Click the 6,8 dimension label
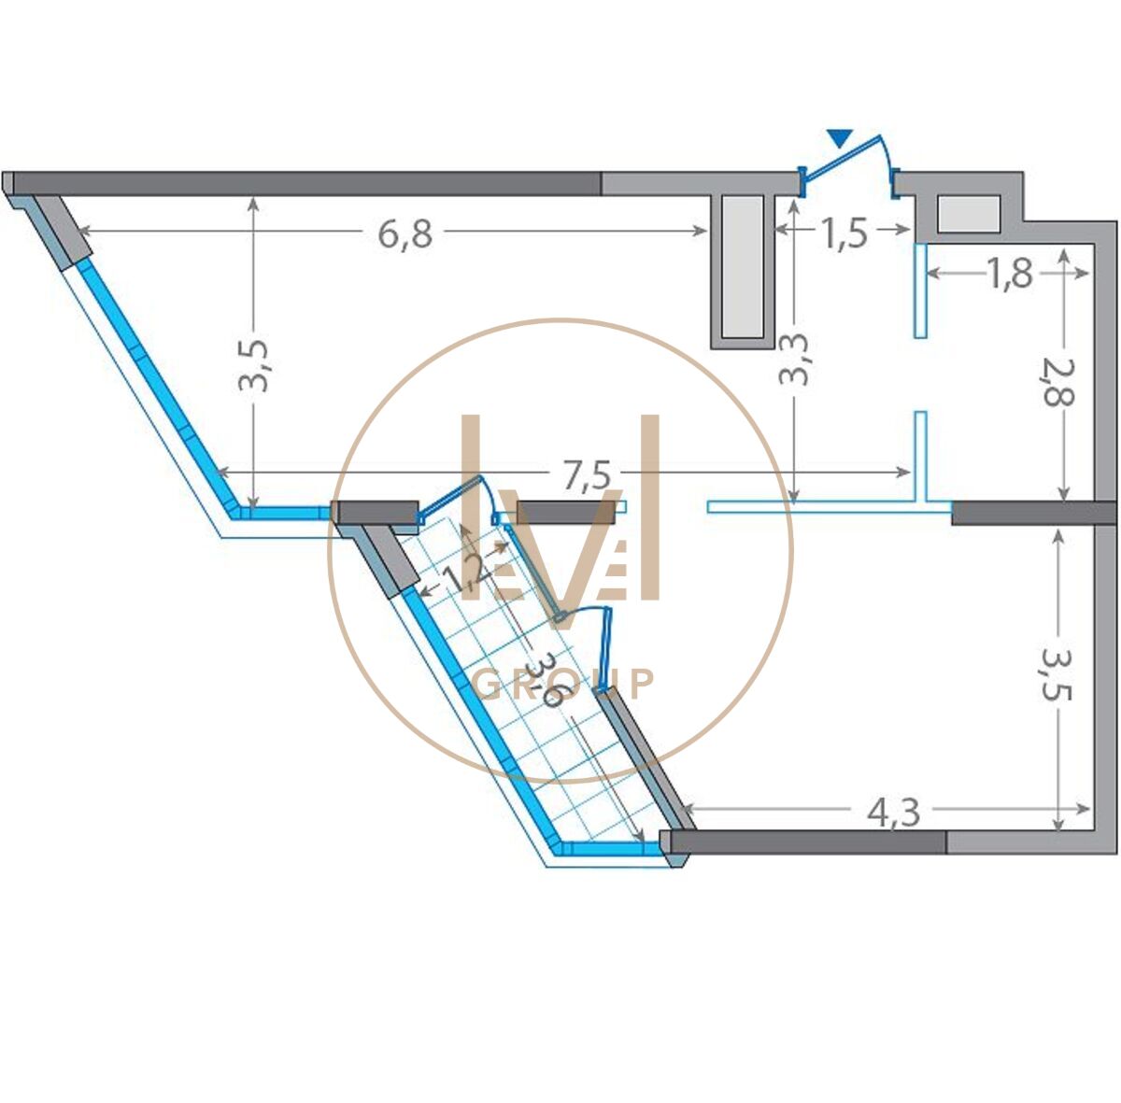(405, 233)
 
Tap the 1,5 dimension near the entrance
(844, 233)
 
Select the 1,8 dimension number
(1011, 274)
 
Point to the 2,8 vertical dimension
(1058, 382)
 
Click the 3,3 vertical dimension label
(793, 360)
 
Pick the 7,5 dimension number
(587, 475)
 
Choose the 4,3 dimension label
(894, 813)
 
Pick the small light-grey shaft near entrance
(969, 214)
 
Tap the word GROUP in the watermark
(565, 685)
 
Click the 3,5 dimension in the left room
(254, 365)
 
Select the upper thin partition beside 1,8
(920, 290)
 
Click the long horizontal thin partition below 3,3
(830, 507)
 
